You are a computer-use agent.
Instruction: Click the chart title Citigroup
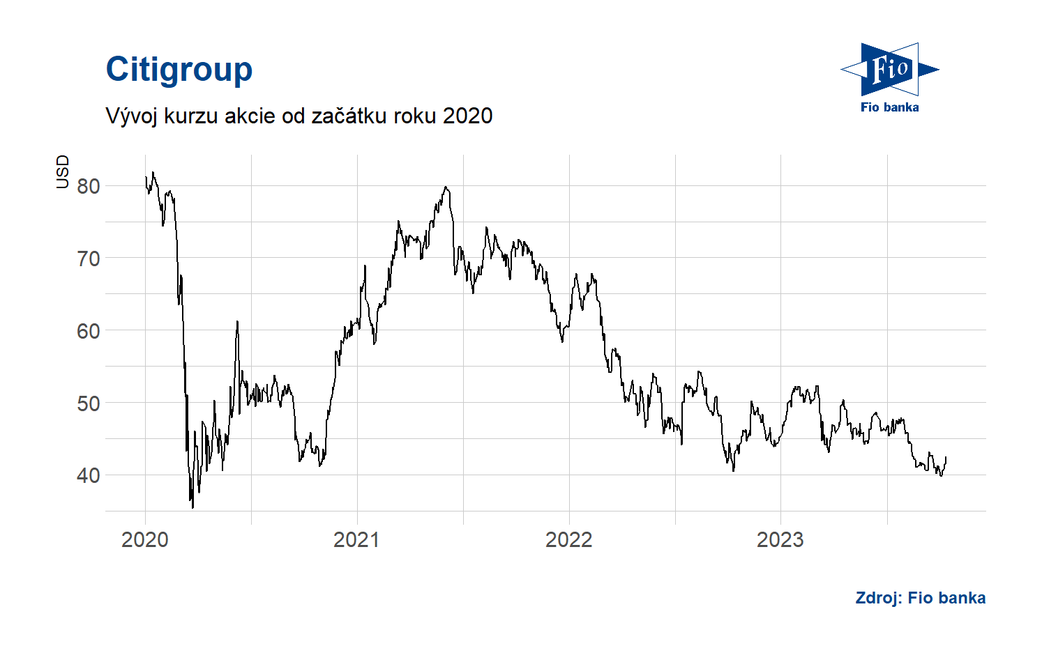179,70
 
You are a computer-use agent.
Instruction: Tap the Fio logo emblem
889,69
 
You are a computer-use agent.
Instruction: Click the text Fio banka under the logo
889,107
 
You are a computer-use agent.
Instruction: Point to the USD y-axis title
63,171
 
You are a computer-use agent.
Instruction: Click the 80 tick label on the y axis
89,186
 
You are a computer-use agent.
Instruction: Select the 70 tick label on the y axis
89,259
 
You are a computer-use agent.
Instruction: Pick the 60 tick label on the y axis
89,331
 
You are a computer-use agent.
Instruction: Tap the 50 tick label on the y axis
89,403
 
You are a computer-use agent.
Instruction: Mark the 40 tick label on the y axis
89,475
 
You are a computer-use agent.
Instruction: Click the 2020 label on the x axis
145,539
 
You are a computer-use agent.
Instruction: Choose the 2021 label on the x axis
356,539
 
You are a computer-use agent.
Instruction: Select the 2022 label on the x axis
568,539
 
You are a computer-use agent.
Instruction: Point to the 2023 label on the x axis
780,539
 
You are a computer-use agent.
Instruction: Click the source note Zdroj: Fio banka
920,598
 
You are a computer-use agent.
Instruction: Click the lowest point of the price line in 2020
193,507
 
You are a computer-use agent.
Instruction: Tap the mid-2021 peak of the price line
446,187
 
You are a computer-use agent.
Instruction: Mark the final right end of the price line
946,457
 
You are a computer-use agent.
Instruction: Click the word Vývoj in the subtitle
132,116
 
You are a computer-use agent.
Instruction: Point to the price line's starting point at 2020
146,177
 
